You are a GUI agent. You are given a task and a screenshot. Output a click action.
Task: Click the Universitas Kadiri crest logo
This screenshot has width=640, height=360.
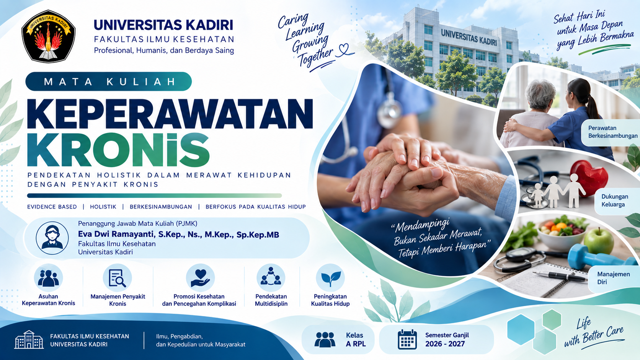click(48, 36)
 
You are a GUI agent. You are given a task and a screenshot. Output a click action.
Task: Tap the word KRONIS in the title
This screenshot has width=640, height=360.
click(118, 150)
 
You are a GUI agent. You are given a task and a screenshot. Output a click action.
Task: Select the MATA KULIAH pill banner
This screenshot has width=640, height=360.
click(109, 81)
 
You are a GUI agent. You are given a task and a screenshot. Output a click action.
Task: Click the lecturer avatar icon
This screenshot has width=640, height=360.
click(52, 238)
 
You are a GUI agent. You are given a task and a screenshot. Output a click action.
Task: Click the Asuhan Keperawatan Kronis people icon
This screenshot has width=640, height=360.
click(48, 278)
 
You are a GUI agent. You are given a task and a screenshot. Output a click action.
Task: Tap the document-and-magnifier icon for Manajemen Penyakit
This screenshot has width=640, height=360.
click(118, 278)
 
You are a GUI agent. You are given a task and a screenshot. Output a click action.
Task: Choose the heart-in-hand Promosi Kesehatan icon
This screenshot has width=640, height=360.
click(200, 278)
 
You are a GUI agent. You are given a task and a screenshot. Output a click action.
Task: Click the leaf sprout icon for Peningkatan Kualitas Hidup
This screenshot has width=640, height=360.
click(331, 278)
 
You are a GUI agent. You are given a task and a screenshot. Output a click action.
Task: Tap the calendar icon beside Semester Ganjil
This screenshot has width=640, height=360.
click(407, 339)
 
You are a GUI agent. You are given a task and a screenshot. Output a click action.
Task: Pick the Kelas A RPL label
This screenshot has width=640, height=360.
click(356, 339)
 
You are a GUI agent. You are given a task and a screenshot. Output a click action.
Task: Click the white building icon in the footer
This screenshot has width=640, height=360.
click(29, 340)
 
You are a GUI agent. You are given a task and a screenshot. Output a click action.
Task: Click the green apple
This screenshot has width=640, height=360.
click(598, 241)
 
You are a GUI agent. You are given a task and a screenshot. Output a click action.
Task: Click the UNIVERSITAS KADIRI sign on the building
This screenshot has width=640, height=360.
click(469, 37)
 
